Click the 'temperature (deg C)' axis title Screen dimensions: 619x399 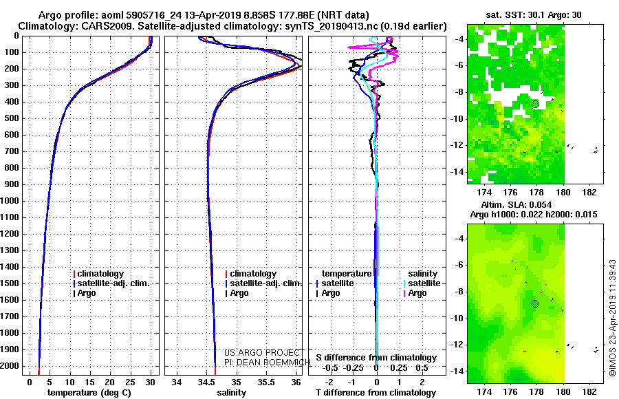[x=89, y=393]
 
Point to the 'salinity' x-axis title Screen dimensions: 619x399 [x=232, y=393]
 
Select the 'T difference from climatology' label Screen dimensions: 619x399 [x=376, y=393]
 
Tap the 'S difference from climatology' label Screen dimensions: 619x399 [x=376, y=358]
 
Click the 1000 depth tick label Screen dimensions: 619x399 [x=10, y=201]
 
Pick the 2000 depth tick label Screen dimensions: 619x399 [x=10, y=366]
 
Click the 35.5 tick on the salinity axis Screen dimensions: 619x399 [x=266, y=382]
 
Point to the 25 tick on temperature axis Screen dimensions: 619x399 [x=130, y=382]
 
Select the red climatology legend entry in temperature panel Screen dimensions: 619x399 [x=98, y=274]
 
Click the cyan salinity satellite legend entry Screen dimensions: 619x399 [x=422, y=283]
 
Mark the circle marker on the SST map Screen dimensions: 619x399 [x=535, y=105]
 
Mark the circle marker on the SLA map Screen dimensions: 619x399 [x=535, y=304]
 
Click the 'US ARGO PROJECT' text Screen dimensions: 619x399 [x=262, y=352]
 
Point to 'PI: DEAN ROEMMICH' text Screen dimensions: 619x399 [x=268, y=362]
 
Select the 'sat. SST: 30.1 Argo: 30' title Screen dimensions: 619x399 [x=534, y=15]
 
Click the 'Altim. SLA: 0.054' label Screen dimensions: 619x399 [x=517, y=204]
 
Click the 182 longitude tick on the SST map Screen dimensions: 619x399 [x=589, y=193]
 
